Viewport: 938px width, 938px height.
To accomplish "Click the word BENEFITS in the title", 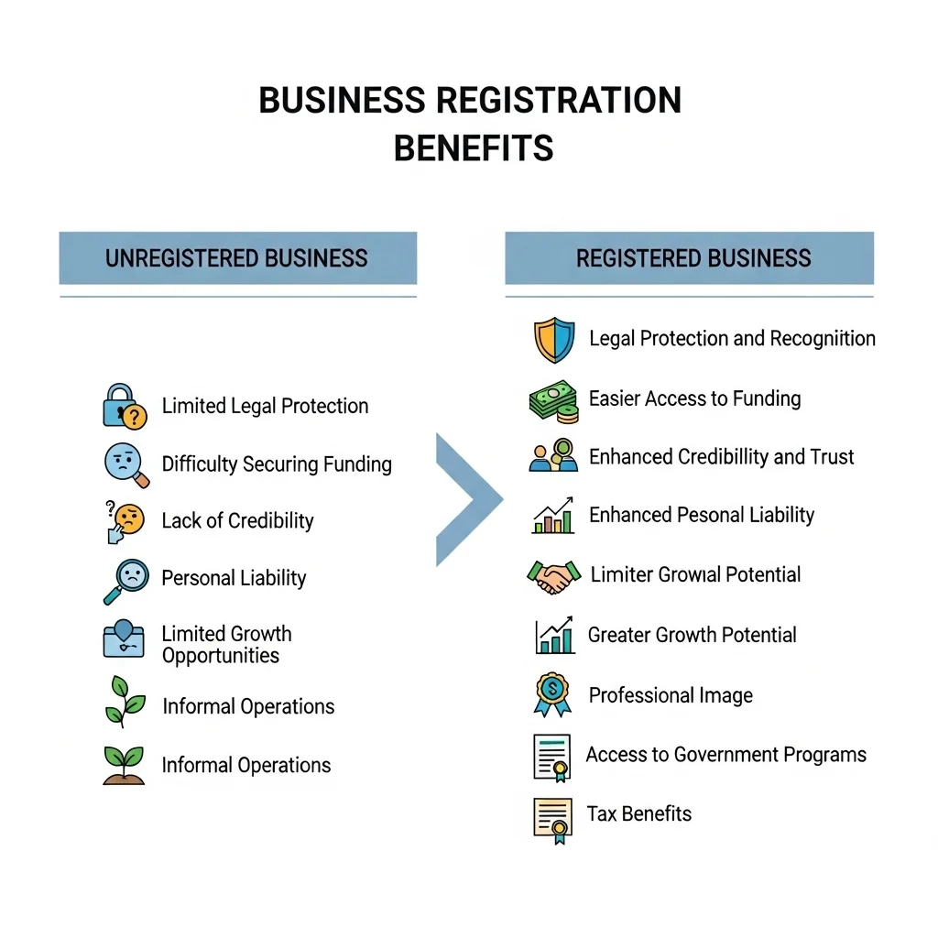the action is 474,148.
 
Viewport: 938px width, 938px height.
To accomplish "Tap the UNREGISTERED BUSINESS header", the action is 237,257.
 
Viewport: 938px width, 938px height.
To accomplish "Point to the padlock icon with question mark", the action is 125,406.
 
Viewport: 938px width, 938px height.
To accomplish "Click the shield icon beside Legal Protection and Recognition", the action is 554,340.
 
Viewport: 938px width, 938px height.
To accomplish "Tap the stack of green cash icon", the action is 554,401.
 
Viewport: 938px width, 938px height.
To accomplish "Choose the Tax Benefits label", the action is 638,813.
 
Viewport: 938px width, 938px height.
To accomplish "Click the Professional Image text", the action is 671,695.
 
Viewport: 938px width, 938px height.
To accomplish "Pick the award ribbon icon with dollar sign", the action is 552,694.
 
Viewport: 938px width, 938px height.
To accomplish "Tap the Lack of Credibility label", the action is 237,520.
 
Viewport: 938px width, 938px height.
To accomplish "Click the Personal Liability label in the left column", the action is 234,578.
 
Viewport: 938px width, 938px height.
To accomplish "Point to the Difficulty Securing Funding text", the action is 277,464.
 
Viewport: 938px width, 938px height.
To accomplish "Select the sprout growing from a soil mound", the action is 124,765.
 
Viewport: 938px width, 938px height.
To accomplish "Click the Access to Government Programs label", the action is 726,755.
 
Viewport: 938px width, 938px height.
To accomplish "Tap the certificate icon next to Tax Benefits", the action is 552,821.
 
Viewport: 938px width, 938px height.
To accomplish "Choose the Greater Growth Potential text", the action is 693,635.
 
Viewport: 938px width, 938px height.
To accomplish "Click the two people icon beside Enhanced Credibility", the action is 553,455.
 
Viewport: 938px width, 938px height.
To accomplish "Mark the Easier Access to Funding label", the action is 694,398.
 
